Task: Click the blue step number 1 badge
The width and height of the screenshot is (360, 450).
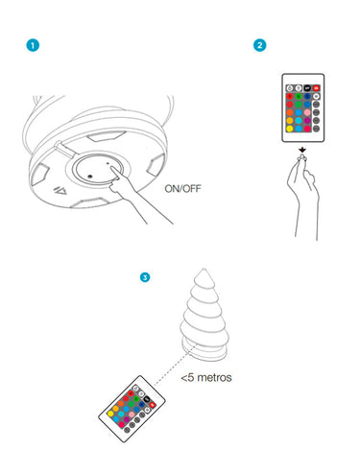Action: [x=33, y=45]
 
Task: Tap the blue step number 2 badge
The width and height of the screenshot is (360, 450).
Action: [x=259, y=45]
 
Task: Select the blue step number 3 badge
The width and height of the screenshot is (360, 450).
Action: [x=145, y=277]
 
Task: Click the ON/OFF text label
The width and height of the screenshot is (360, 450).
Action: [x=182, y=188]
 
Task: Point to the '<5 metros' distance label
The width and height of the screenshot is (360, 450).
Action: [x=206, y=377]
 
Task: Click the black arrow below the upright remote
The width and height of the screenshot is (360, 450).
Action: [x=302, y=150]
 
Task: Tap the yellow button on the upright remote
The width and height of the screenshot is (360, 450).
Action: [x=290, y=129]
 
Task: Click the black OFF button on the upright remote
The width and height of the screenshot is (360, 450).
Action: [x=307, y=88]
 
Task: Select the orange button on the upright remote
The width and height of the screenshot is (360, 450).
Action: [x=290, y=112]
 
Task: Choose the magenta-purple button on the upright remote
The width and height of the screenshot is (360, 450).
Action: [x=307, y=121]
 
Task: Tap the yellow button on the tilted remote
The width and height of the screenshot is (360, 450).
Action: [x=110, y=414]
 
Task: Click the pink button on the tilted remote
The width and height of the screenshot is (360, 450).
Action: [x=132, y=414]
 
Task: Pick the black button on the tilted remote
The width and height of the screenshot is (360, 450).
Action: [x=147, y=399]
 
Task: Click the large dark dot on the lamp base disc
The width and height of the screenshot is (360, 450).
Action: [x=90, y=177]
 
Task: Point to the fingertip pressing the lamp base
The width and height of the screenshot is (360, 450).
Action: [x=112, y=168]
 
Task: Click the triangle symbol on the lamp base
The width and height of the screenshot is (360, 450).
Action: [x=60, y=191]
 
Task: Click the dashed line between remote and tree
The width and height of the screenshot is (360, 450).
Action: [x=175, y=365]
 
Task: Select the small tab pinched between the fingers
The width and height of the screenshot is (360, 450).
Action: [x=301, y=157]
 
